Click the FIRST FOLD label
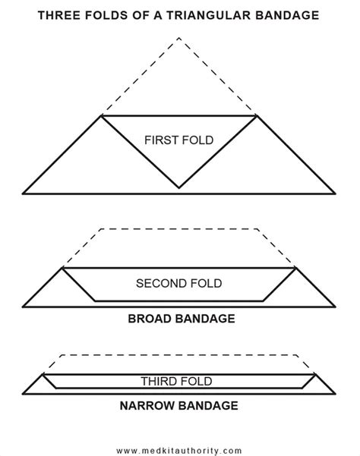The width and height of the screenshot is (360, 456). (178, 140)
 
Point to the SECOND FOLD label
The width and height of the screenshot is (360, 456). (178, 284)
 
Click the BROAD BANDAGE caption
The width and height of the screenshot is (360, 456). (179, 319)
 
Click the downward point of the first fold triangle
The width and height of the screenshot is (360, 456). (179, 187)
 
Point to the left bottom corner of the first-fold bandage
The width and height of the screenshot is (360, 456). (24, 193)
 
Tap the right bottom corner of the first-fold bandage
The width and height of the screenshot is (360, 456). (334, 193)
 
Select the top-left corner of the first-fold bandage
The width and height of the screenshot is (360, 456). (102, 116)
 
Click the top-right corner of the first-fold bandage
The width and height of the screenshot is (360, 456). (257, 116)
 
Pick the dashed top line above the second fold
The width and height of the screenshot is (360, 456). (179, 227)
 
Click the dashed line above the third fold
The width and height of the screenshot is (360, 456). (179, 354)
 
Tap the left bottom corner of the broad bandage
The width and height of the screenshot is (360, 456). (24, 307)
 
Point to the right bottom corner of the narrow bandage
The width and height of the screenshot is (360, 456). (334, 394)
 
